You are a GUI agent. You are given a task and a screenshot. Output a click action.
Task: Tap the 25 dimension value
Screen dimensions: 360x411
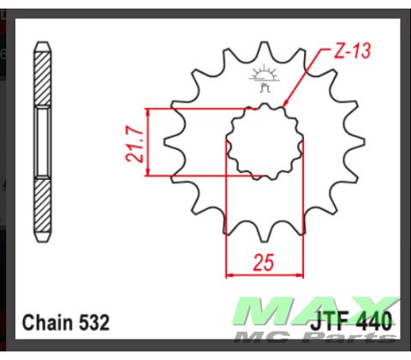tap(265, 263)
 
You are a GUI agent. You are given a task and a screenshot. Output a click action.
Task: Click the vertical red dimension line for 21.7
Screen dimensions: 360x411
tap(148, 142)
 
